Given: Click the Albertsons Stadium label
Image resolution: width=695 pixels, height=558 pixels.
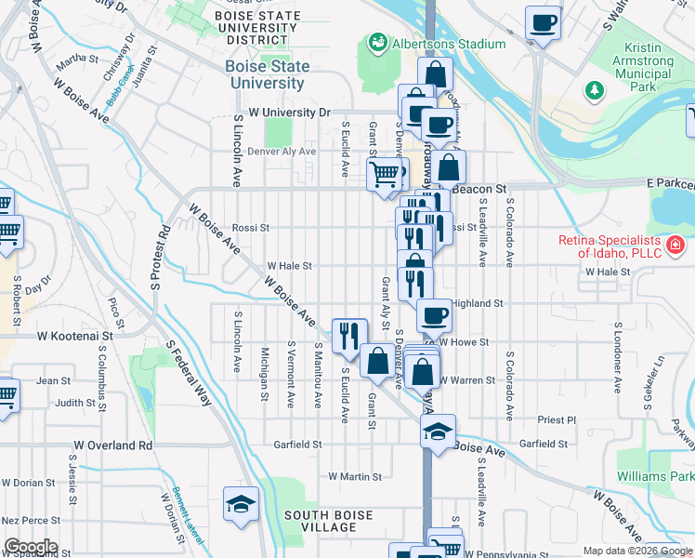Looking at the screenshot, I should tap(448, 44).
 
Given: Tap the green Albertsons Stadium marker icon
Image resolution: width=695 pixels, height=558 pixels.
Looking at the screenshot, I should tap(377, 42).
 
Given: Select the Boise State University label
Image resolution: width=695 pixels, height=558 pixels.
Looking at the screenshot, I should tap(267, 74).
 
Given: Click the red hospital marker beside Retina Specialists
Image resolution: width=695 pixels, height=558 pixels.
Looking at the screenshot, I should tap(675, 246).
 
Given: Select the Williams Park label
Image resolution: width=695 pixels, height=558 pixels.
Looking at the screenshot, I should tap(655, 477).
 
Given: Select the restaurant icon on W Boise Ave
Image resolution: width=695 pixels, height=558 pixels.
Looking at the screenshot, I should tap(349, 335).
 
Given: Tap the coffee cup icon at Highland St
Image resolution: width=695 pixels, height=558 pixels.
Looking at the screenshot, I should tap(434, 315).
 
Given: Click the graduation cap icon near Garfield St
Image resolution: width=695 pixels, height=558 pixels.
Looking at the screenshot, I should tap(438, 431).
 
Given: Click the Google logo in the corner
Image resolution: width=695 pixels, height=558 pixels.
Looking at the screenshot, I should tap(30, 547).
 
